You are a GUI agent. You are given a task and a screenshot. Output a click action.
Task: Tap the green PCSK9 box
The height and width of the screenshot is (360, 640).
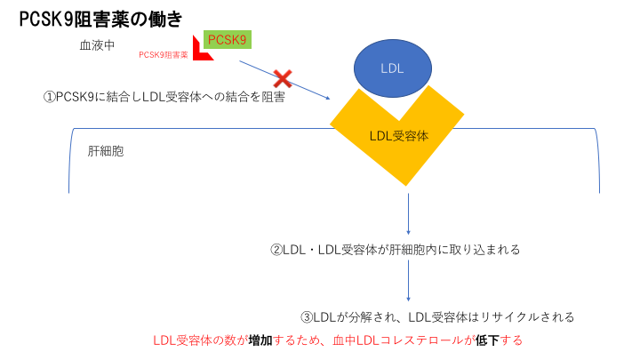[x=227, y=40]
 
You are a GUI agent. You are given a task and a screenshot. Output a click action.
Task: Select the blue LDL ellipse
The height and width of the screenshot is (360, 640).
[x=393, y=68]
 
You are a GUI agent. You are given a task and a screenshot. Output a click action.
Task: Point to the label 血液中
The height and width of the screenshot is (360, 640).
[x=97, y=44]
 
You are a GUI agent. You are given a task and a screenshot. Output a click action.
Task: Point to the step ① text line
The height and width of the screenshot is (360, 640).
[x=164, y=97]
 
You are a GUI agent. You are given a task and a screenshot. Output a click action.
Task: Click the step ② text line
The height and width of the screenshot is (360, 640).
[x=395, y=250]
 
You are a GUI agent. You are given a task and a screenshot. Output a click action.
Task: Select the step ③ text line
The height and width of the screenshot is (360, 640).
[x=437, y=316]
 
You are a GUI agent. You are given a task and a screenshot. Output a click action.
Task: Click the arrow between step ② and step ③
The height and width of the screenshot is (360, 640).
[x=408, y=281]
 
